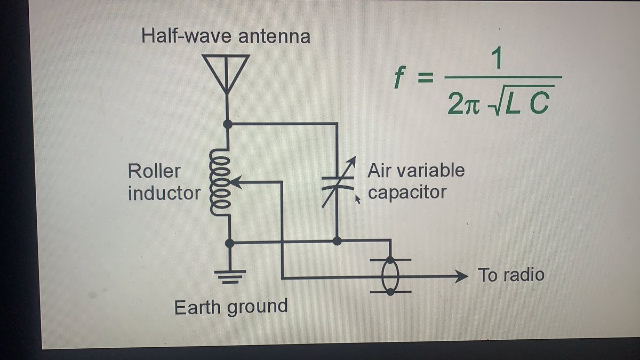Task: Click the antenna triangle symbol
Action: [226, 74]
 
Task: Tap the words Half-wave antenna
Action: [226, 36]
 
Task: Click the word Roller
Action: [154, 171]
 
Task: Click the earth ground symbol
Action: [230, 277]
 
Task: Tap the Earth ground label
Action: [231, 307]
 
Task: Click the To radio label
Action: [511, 275]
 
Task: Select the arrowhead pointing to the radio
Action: [461, 276]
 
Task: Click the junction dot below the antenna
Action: [228, 124]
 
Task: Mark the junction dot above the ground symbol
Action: [230, 243]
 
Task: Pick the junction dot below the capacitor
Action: [337, 241]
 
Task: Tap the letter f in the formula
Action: [399, 77]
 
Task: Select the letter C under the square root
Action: [539, 103]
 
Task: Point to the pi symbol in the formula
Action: [471, 106]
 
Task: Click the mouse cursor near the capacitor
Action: [357, 199]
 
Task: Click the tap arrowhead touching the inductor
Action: [236, 182]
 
